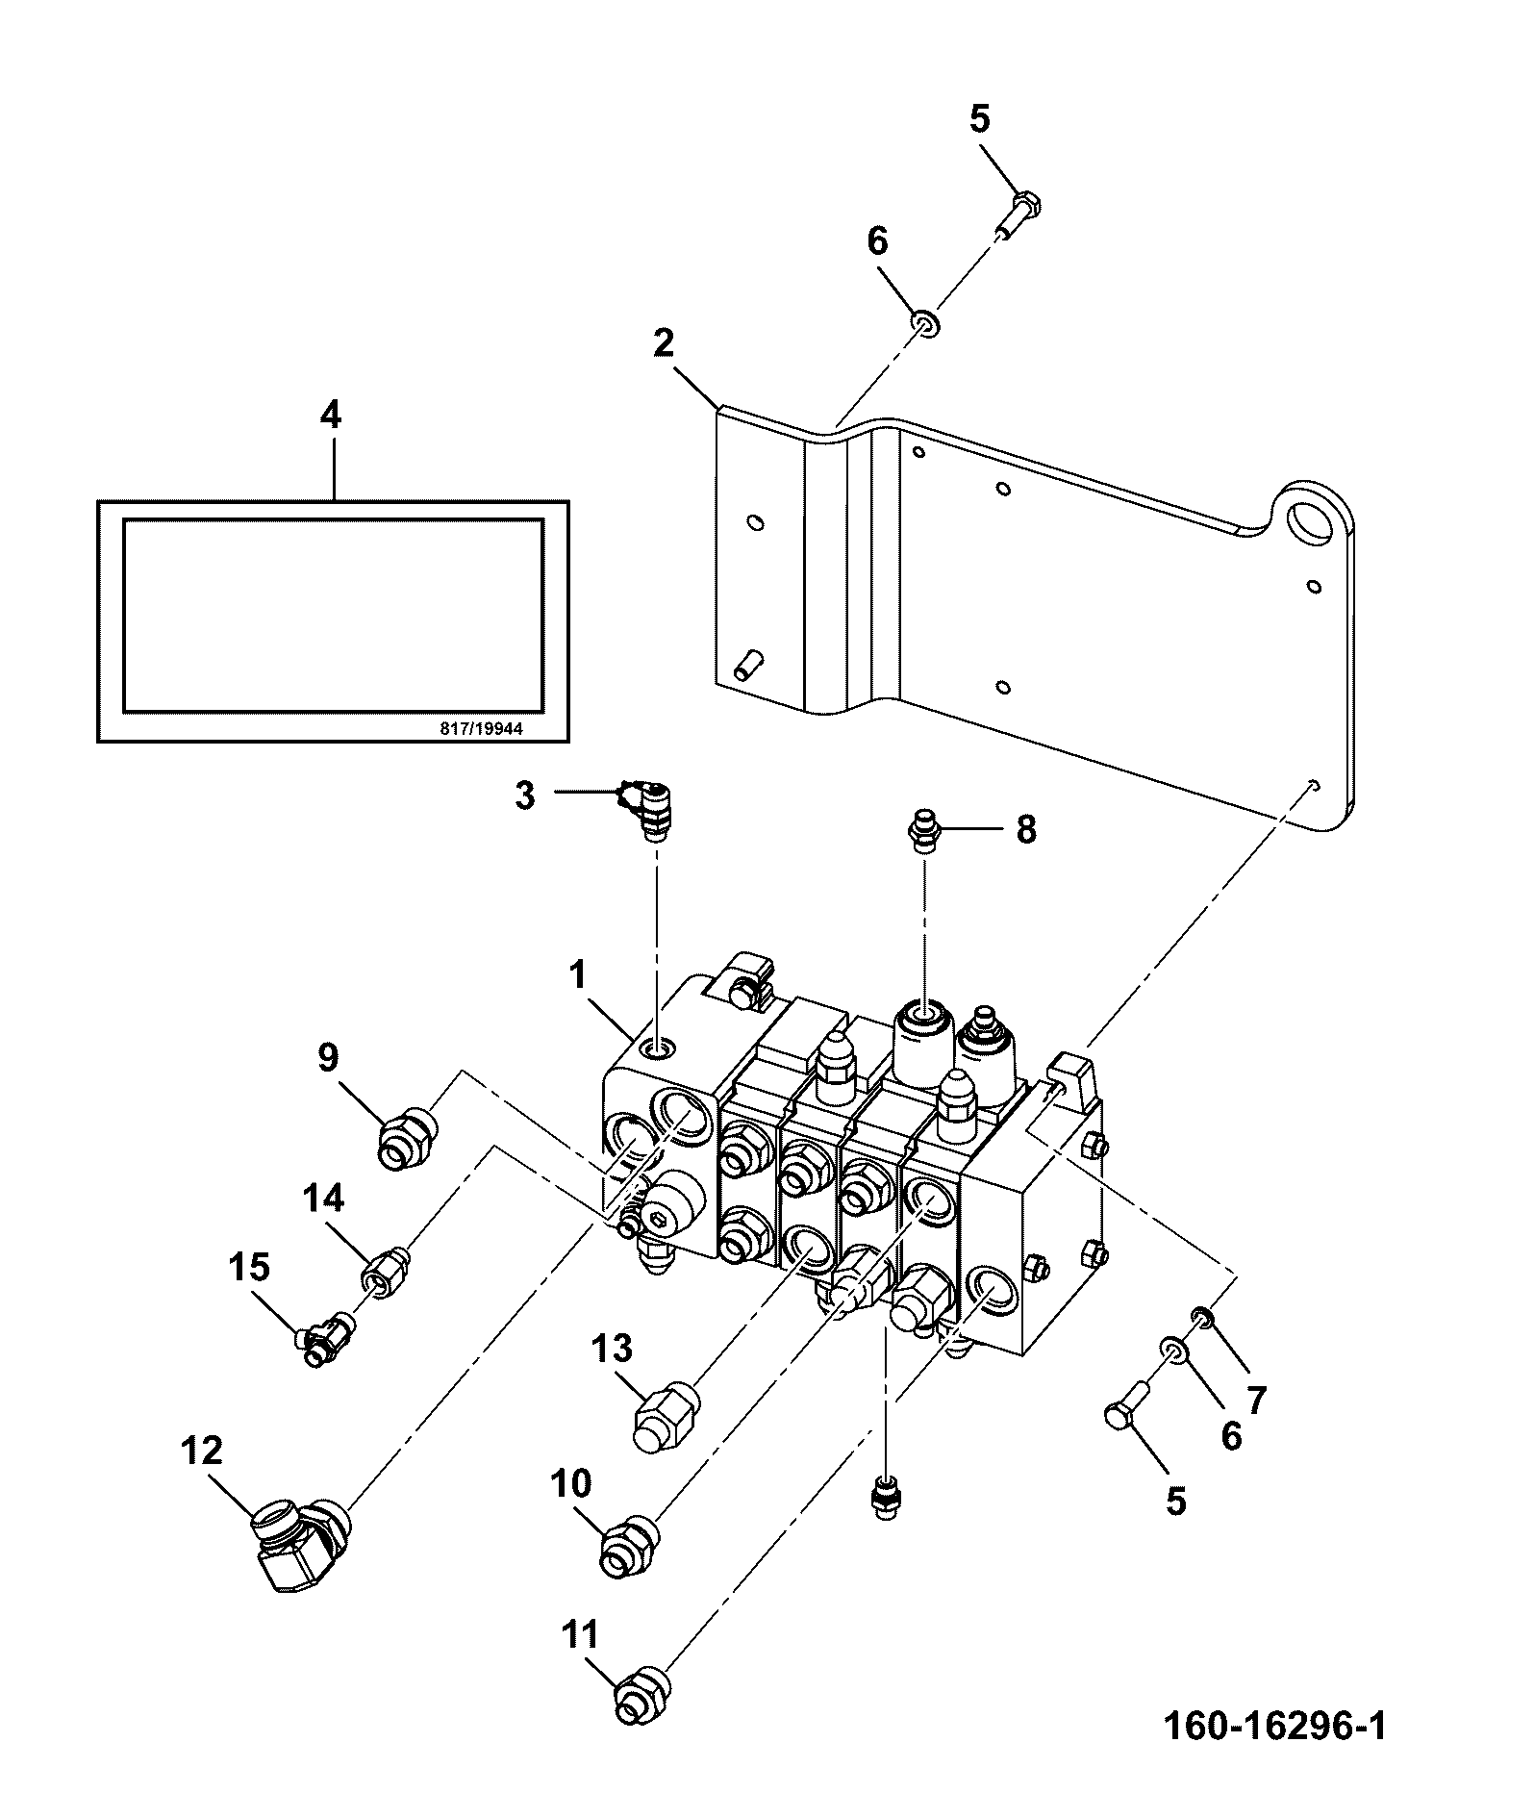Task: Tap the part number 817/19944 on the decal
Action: click(481, 728)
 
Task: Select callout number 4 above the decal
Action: click(330, 415)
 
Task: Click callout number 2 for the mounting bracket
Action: click(664, 343)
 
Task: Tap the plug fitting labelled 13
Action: click(665, 1412)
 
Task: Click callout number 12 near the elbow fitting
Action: click(202, 1450)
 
